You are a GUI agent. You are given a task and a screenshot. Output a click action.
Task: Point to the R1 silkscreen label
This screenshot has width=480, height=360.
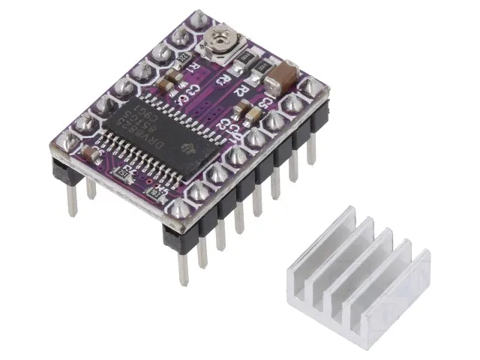pos(193,68)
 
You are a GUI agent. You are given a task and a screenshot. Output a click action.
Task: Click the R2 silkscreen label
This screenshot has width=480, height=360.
pos(241,90)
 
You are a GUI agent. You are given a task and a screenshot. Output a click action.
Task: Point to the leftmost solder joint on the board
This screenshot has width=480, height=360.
pos(62,139)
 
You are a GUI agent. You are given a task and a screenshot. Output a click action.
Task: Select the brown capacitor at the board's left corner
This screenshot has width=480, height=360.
pos(93,153)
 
